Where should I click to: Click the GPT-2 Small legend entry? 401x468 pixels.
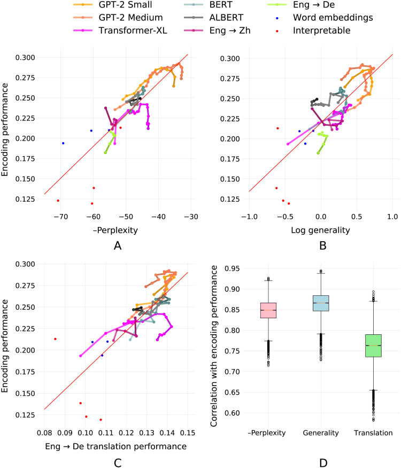(x=113, y=5)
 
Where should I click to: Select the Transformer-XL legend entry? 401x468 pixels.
(x=120, y=30)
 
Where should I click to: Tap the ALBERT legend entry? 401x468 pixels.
(x=214, y=18)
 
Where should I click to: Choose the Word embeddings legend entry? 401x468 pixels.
(x=325, y=18)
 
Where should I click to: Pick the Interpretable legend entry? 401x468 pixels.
(x=313, y=30)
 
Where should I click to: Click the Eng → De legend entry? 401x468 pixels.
(x=301, y=5)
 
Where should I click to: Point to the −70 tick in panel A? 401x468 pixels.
(x=60, y=217)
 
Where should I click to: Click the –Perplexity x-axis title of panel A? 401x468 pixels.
(x=115, y=230)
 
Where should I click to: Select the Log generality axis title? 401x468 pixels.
(x=320, y=230)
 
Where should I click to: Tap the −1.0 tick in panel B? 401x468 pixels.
(x=250, y=217)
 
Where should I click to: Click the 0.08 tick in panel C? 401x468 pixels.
(x=44, y=433)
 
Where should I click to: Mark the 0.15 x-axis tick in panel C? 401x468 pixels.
(x=188, y=433)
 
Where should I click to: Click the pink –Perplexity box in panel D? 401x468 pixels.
(x=268, y=310)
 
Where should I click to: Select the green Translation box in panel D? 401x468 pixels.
(x=373, y=346)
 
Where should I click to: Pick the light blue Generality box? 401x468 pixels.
(x=321, y=303)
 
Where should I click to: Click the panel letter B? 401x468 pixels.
(x=323, y=245)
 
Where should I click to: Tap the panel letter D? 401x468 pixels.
(x=323, y=463)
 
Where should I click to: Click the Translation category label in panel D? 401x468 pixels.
(x=373, y=433)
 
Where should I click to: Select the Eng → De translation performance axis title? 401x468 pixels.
(x=116, y=446)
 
